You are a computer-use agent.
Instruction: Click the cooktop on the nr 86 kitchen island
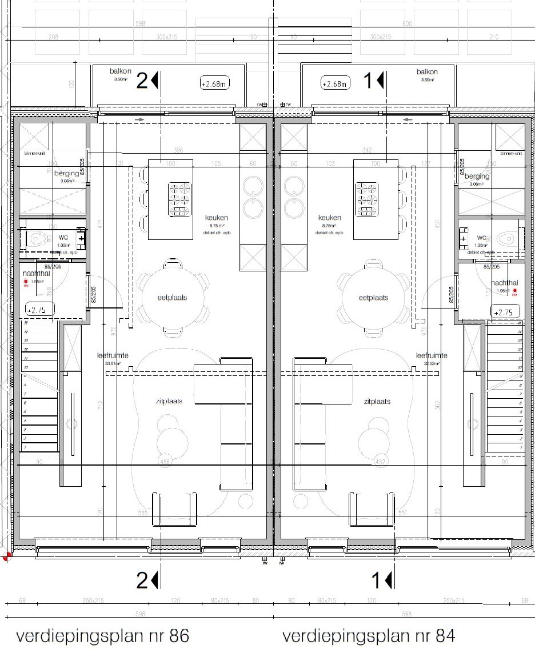click(x=179, y=199)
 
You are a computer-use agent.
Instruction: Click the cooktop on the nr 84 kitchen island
click(x=367, y=199)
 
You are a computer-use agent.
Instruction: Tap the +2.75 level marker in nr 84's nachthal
click(x=505, y=312)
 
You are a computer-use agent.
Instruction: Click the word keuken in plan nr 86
click(x=217, y=218)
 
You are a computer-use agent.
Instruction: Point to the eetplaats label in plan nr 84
click(x=373, y=298)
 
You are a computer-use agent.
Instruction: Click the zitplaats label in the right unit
click(x=377, y=402)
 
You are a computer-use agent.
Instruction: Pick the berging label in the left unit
click(x=66, y=173)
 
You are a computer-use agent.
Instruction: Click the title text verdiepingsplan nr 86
click(x=102, y=636)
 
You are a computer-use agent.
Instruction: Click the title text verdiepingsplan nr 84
click(x=369, y=636)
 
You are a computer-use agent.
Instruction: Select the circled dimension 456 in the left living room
click(x=165, y=461)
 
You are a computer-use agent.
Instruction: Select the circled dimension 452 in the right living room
click(x=380, y=461)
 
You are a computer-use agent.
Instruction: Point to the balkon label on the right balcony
click(x=427, y=71)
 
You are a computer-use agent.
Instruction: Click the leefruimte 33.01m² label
click(x=113, y=358)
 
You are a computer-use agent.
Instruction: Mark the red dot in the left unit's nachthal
click(x=25, y=282)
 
